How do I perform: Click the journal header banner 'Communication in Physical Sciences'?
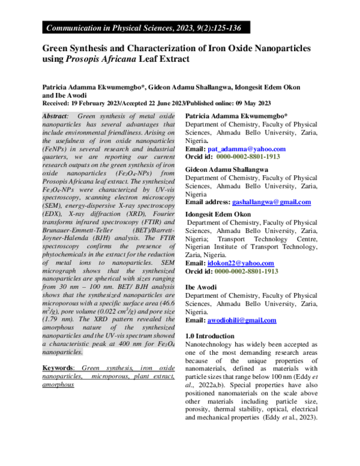(144, 27)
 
